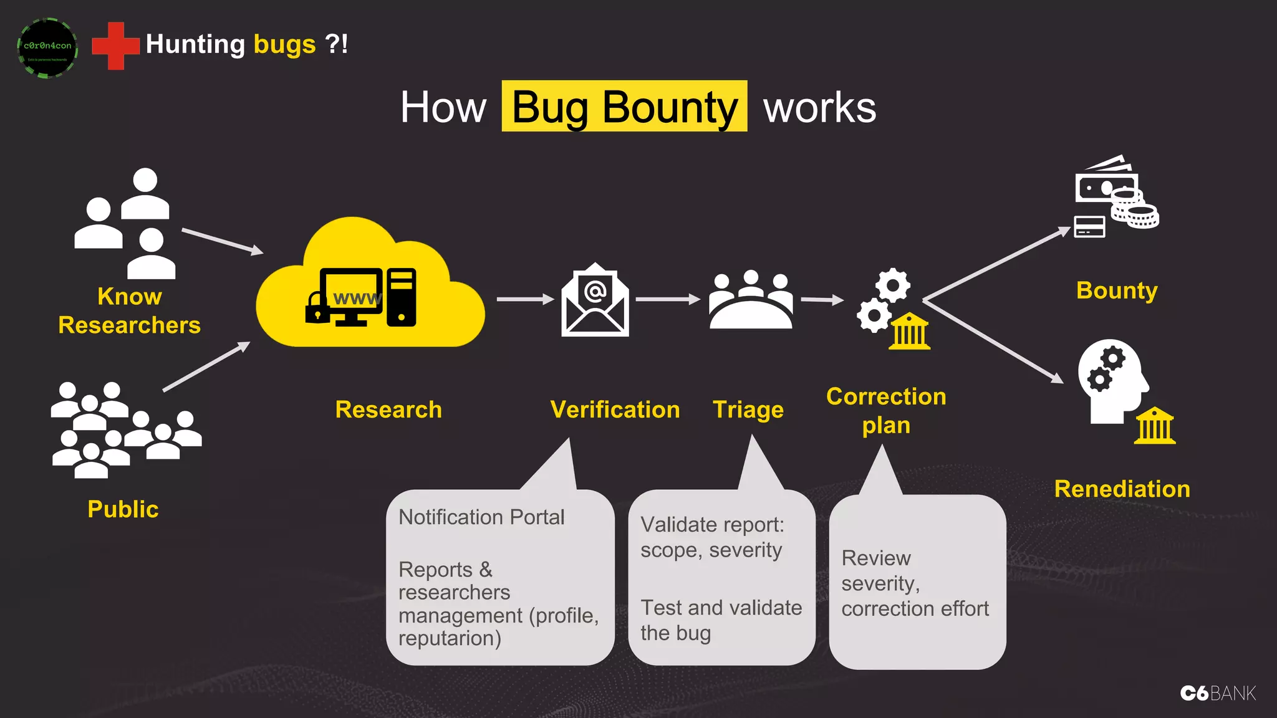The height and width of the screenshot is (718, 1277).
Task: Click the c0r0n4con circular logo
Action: click(47, 47)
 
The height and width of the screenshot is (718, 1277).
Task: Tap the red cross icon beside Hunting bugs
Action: click(115, 45)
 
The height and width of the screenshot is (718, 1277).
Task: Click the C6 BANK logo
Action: click(1218, 693)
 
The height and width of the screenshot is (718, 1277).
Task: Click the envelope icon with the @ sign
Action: click(595, 300)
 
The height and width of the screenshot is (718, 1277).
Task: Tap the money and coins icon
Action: click(1116, 196)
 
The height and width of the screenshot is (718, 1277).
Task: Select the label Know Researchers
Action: click(129, 311)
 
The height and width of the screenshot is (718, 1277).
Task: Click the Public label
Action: click(123, 509)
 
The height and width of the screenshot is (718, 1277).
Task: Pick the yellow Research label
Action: click(388, 409)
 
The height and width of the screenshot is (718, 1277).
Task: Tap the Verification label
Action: click(615, 409)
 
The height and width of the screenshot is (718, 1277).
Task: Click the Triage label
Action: click(748, 409)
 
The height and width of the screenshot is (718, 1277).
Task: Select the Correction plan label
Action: click(886, 411)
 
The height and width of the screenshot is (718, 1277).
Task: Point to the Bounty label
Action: click(1117, 290)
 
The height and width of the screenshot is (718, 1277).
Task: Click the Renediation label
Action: click(1122, 489)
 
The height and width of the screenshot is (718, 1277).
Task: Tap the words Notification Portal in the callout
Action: click(481, 517)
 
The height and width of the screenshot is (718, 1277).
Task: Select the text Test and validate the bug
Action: click(721, 620)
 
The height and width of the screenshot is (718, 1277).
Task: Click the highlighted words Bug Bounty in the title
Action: click(624, 107)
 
